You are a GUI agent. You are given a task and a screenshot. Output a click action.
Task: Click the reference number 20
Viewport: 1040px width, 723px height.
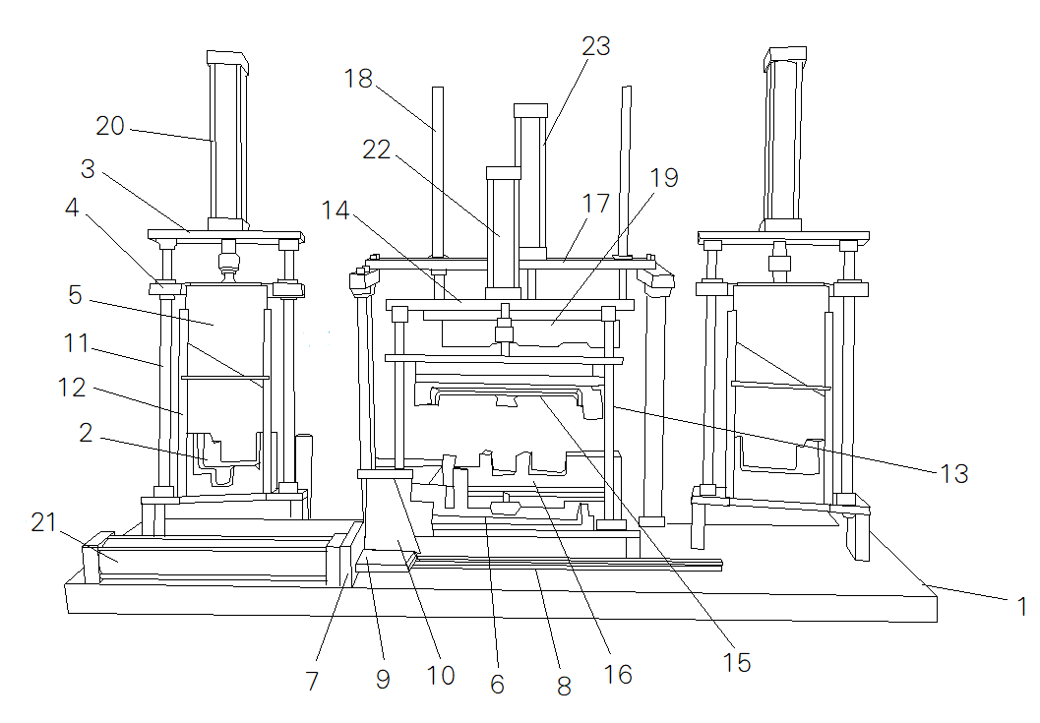click(110, 126)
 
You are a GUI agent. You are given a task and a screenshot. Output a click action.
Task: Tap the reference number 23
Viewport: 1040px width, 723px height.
click(595, 46)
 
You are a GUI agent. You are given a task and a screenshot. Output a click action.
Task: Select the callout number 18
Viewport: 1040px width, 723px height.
click(358, 79)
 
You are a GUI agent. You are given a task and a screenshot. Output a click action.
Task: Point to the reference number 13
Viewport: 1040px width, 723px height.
click(954, 473)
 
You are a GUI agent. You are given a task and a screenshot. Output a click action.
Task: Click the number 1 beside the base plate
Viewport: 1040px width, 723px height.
click(1021, 606)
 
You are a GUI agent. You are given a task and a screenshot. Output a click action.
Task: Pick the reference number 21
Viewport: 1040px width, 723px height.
click(43, 522)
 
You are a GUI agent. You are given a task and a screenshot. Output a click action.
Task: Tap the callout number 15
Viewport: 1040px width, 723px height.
click(736, 663)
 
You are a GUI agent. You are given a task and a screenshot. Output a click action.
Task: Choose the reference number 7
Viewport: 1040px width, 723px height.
click(313, 681)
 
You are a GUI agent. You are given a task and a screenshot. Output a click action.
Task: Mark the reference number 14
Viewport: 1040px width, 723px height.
click(336, 211)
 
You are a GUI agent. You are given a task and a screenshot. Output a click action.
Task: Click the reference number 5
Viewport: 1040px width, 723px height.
click(75, 295)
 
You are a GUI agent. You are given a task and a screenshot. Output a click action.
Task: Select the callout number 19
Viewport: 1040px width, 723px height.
click(664, 178)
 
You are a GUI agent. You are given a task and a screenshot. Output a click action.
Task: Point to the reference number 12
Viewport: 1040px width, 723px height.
click(72, 388)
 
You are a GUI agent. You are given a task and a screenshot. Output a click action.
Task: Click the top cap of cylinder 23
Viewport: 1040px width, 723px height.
click(530, 111)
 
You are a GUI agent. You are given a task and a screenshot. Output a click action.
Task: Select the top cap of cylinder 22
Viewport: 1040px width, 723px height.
click(504, 173)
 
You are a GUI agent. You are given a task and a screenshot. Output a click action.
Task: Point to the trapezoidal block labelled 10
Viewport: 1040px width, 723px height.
click(392, 513)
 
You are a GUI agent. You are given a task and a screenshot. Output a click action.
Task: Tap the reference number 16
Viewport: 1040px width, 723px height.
click(618, 675)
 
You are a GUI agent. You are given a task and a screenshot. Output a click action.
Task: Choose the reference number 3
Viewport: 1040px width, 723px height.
click(88, 169)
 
